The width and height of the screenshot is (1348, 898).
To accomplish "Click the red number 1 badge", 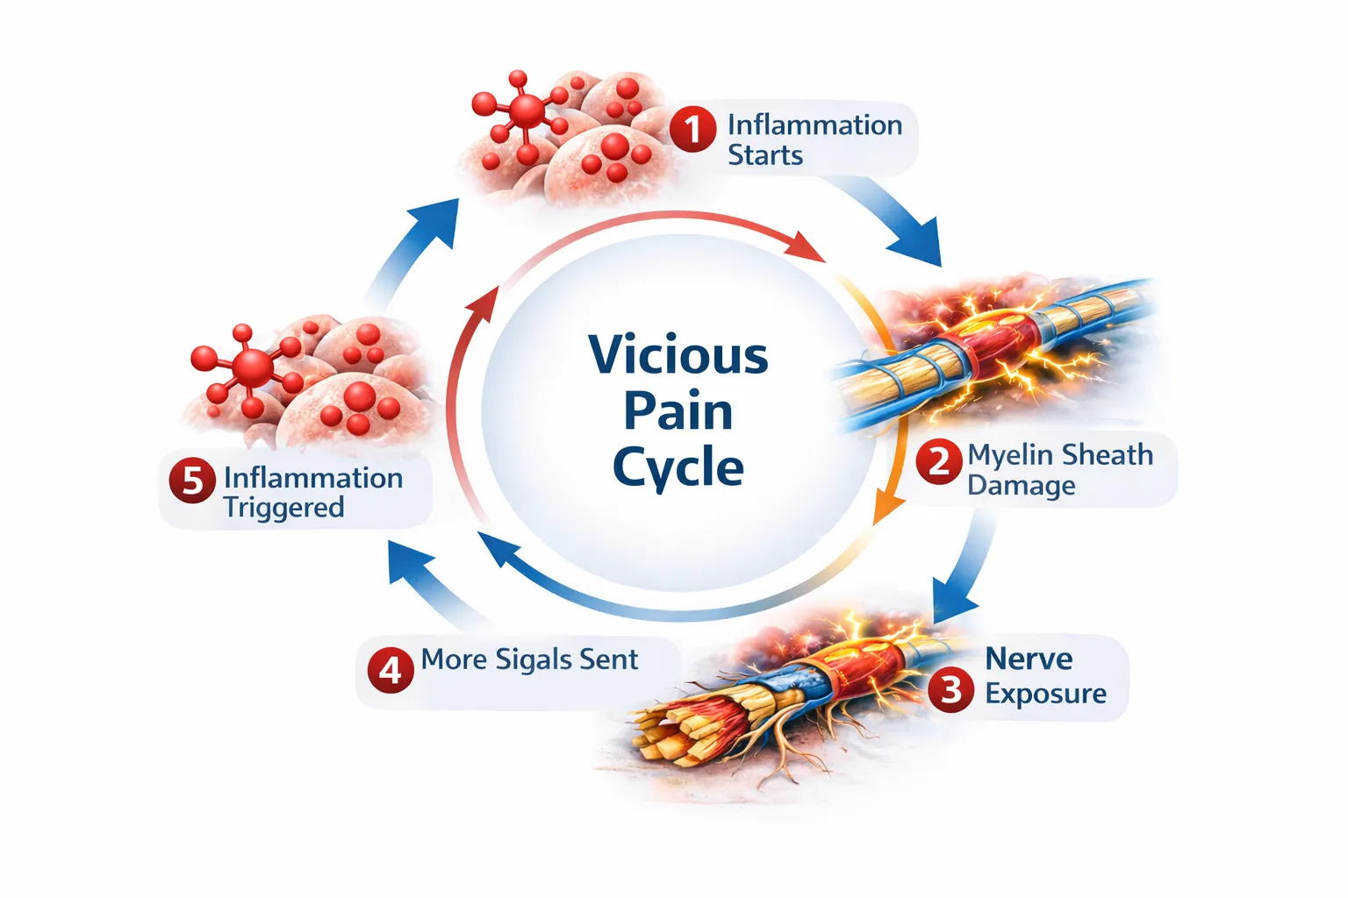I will point(692,130).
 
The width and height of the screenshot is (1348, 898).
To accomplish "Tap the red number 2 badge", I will point(938,461).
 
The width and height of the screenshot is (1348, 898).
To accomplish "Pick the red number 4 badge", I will point(390,670).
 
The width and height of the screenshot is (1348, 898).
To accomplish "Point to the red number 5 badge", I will point(192,481).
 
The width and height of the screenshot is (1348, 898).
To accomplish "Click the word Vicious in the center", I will point(678,355).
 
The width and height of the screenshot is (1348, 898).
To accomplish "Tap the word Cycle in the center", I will point(678,467).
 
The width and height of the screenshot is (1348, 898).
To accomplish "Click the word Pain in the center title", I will point(678,411).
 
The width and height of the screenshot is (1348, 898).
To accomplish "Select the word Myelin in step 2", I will point(1008,456).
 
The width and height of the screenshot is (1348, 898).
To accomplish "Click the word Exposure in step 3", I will point(1045,693).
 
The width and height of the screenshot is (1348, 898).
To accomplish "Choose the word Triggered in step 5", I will point(283,508).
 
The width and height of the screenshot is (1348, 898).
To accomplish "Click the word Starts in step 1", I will point(765,155).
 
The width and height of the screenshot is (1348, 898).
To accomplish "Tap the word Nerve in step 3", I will point(1029,659).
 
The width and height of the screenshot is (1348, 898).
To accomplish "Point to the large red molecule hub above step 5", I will point(253,367).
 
